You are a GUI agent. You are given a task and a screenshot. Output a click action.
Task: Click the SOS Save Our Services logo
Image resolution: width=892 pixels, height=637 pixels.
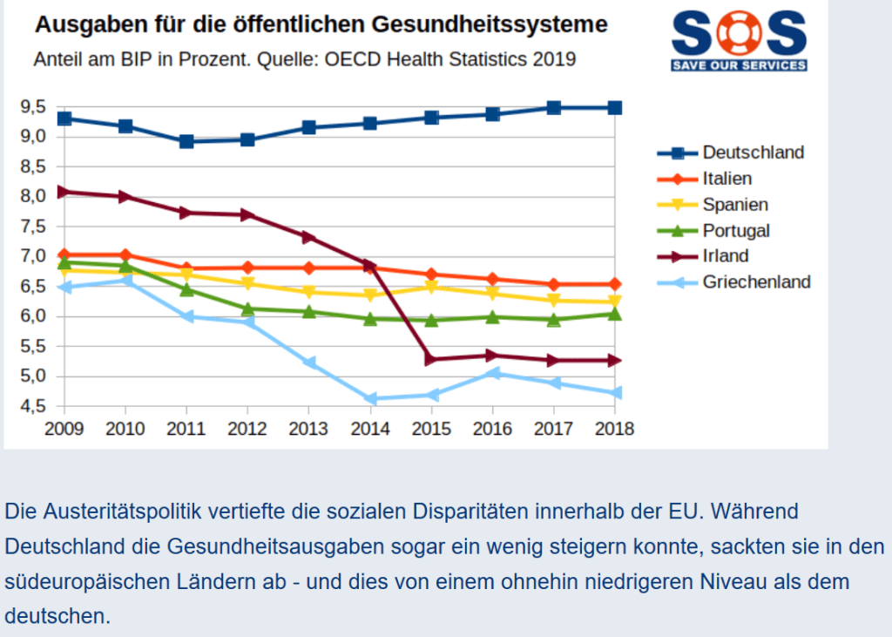(739, 40)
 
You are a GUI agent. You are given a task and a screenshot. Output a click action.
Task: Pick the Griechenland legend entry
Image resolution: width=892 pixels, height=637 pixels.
(756, 281)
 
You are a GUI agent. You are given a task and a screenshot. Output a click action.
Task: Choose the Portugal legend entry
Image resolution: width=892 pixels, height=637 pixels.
(736, 230)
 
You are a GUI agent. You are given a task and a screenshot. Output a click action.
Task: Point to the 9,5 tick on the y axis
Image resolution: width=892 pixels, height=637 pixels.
(32, 107)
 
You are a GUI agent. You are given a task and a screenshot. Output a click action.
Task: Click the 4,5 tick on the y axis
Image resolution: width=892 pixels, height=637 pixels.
(32, 406)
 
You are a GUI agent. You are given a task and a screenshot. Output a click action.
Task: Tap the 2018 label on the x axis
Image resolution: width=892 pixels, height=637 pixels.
(615, 428)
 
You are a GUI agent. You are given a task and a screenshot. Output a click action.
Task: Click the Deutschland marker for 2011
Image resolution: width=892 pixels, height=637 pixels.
(186, 141)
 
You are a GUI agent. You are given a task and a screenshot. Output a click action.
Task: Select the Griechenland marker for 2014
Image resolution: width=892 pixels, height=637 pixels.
(370, 399)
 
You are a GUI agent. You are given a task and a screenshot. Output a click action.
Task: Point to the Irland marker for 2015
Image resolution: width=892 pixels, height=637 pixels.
(431, 359)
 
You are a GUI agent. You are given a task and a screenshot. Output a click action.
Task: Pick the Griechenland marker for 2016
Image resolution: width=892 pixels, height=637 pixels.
(492, 373)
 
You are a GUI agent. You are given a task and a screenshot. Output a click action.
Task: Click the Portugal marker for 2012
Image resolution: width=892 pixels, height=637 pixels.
(247, 308)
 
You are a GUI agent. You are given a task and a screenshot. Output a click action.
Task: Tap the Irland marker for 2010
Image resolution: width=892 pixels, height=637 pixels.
(125, 196)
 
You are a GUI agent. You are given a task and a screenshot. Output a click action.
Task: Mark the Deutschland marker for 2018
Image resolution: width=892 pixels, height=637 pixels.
(615, 107)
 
